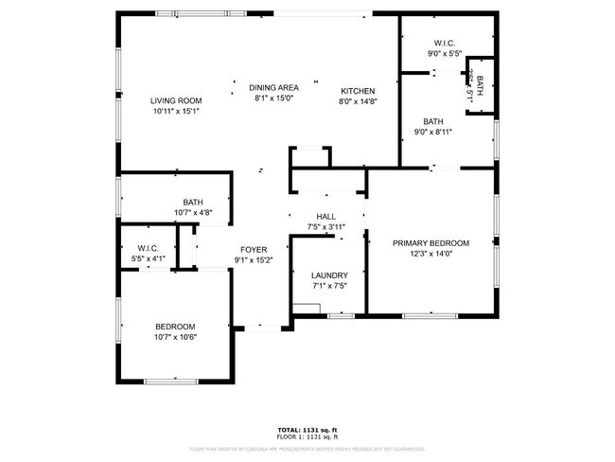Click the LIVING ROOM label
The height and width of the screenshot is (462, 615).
[x=176, y=100]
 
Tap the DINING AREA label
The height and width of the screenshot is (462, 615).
[x=274, y=87]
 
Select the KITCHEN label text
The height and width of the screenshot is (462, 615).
[x=358, y=91]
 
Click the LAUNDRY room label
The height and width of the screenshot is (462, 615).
[x=329, y=275]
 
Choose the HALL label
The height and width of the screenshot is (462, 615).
[x=326, y=216]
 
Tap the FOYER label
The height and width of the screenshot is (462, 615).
[x=253, y=250]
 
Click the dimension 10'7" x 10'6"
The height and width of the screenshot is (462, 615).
[x=175, y=336]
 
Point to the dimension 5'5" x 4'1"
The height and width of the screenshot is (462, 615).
[x=151, y=258]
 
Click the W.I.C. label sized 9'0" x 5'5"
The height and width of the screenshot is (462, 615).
[x=445, y=44]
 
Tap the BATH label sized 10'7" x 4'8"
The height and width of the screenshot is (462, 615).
[x=193, y=202]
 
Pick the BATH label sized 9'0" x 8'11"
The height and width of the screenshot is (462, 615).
[x=433, y=121]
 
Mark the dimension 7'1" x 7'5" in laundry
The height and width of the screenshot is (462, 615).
[x=329, y=286]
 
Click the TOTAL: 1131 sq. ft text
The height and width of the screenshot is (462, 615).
[x=307, y=430]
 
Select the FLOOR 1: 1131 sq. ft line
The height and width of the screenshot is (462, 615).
[x=307, y=436]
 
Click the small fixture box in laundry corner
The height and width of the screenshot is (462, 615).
[x=306, y=307]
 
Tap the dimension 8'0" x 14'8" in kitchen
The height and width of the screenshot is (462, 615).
[x=358, y=101]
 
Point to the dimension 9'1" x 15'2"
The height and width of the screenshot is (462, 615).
[x=253, y=260]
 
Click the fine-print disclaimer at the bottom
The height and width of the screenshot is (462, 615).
[x=307, y=449]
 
